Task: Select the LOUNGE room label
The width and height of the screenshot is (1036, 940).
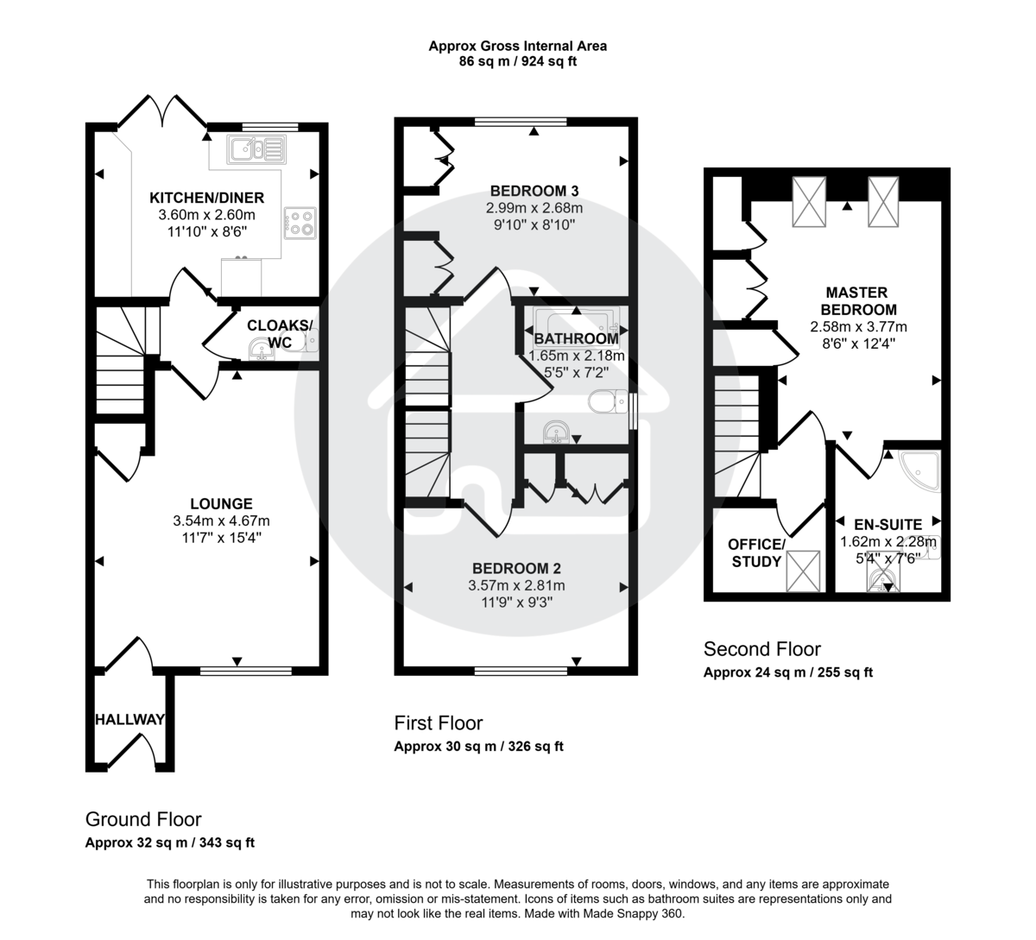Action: pyautogui.click(x=221, y=504)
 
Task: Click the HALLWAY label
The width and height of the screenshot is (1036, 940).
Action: pyautogui.click(x=129, y=719)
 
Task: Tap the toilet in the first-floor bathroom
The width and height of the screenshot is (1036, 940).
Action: pyautogui.click(x=608, y=401)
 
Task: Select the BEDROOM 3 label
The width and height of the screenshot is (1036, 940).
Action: pyautogui.click(x=534, y=191)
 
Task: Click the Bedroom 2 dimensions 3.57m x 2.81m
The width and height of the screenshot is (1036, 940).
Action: pyautogui.click(x=516, y=585)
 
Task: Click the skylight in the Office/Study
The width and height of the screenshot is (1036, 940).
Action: pyautogui.click(x=803, y=571)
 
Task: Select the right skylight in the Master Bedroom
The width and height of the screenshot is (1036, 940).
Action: pyautogui.click(x=883, y=200)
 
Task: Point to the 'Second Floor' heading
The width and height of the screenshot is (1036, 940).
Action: pyautogui.click(x=761, y=649)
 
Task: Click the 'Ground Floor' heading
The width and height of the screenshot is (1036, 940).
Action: pyautogui.click(x=143, y=819)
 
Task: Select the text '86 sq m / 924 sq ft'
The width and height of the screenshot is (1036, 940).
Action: pyautogui.click(x=517, y=62)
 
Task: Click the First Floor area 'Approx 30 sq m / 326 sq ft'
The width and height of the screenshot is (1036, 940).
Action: pyautogui.click(x=478, y=747)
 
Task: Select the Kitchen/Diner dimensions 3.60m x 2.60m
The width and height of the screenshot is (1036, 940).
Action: pyautogui.click(x=206, y=214)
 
